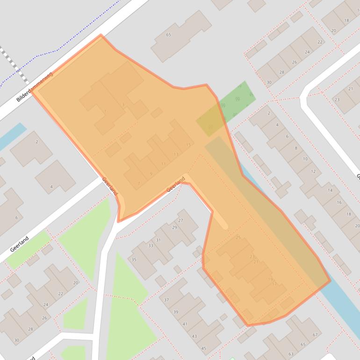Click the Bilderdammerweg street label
[35, 87]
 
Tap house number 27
[181, 220]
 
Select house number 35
[134, 259]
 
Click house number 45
[203, 348]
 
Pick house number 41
[185, 324]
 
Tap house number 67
[315, 335]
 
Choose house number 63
[291, 354]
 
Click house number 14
[330, 190]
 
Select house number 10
[305, 159]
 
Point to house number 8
[295, 148]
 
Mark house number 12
[313, 172]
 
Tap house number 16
[339, 202]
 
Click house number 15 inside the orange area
[188, 145]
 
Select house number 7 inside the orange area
[139, 183]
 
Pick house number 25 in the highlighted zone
[238, 238]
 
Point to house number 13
[176, 154]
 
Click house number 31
[158, 240]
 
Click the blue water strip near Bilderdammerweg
[13, 136]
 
